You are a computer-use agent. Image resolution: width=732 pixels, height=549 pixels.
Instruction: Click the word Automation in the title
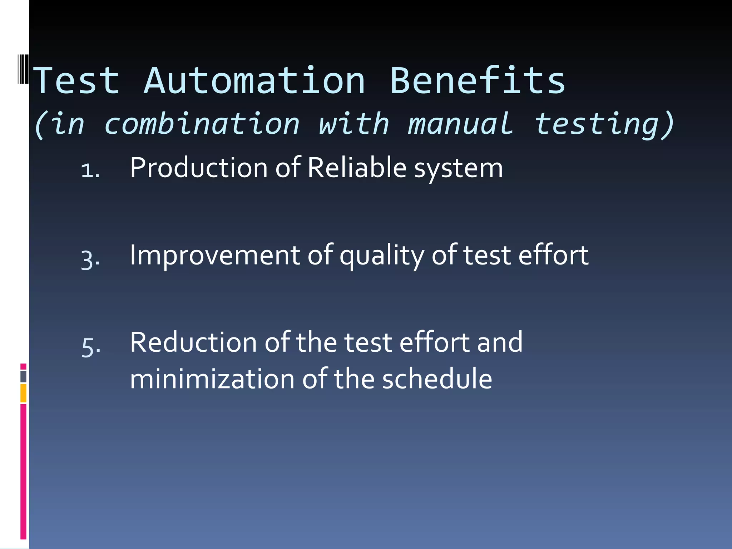click(x=254, y=81)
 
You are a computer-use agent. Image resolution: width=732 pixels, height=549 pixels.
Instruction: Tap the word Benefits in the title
click(x=478, y=81)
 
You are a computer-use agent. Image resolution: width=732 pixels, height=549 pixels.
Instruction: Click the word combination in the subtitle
click(x=202, y=124)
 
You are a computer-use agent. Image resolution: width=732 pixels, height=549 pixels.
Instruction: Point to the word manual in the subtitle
click(x=461, y=124)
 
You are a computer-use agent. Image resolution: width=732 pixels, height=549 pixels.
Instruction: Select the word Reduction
click(x=193, y=342)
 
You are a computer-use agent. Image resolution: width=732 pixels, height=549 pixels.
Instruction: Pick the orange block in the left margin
click(x=23, y=393)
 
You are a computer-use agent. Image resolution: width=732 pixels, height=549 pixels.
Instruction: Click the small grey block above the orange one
click(x=23, y=376)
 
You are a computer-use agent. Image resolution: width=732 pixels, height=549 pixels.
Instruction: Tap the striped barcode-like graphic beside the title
click(x=23, y=69)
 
